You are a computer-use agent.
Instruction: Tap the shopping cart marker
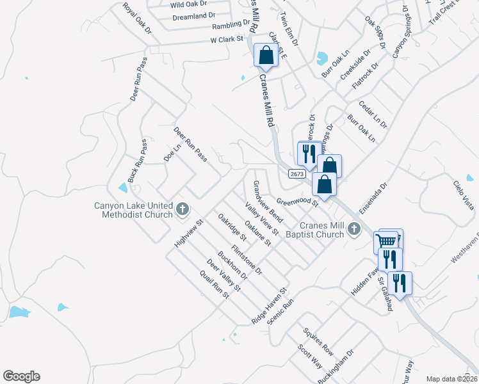386,242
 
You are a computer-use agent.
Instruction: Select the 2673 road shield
296,173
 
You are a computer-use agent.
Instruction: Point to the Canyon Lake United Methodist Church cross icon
182,208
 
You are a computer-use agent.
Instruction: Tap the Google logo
21,376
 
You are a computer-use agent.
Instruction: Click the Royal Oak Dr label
137,19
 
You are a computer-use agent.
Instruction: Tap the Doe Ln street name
170,152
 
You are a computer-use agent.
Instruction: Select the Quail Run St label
215,284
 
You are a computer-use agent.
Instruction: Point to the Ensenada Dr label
373,198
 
